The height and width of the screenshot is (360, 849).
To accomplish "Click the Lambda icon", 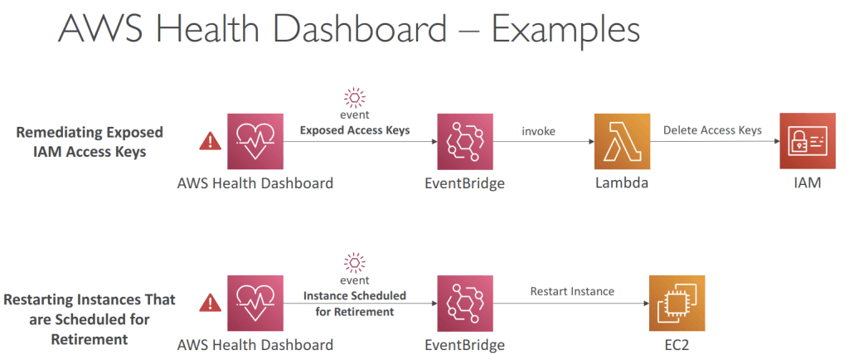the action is click(622, 141).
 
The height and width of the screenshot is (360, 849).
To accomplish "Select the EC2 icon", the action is click(677, 303).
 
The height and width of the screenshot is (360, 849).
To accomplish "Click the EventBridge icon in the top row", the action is click(465, 141).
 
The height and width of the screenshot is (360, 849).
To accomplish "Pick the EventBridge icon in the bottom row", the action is click(465, 303).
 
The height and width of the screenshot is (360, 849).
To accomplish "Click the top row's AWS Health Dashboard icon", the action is click(255, 141).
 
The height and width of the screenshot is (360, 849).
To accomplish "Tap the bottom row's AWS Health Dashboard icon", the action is click(255, 303).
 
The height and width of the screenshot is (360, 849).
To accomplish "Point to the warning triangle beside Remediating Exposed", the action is click(210, 141).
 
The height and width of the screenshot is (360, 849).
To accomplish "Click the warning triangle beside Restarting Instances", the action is click(210, 303).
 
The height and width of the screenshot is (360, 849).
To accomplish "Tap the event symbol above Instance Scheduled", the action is click(355, 264).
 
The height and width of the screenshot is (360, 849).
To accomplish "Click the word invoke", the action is click(538, 130).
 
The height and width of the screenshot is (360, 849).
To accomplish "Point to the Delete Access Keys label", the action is click(712, 130).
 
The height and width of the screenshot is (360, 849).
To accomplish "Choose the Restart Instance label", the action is click(572, 291).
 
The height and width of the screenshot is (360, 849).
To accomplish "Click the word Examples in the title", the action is click(565, 29).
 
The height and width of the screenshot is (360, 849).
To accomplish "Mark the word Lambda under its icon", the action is click(622, 183).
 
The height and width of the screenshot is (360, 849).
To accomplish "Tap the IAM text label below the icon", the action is click(808, 183).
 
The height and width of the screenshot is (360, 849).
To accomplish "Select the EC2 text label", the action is click(677, 345).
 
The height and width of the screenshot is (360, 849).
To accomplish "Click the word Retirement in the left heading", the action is click(90, 339).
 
